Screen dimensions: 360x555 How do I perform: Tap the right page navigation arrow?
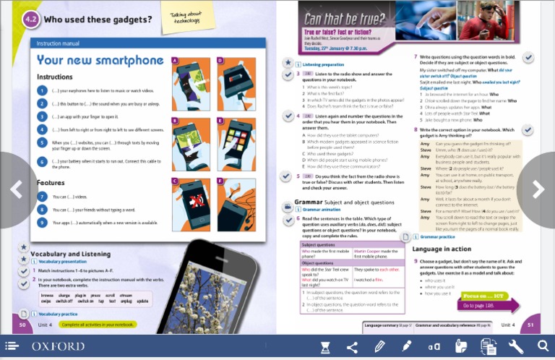click(x=538, y=189)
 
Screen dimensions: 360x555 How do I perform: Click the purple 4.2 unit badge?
click(x=30, y=20)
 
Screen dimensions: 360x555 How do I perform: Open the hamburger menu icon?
click(x=12, y=347)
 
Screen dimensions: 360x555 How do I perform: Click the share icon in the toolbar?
click(x=352, y=347)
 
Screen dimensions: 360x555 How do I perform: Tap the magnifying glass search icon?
click(x=543, y=347)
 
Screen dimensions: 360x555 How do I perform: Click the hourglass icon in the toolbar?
click(x=325, y=347)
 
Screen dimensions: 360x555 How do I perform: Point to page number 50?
click(x=22, y=325)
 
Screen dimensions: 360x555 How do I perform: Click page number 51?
click(x=530, y=325)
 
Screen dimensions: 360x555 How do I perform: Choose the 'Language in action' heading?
click(x=442, y=249)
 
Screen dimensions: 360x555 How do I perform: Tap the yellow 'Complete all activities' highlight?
click(x=98, y=325)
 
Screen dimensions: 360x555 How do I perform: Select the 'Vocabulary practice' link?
click(x=58, y=314)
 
